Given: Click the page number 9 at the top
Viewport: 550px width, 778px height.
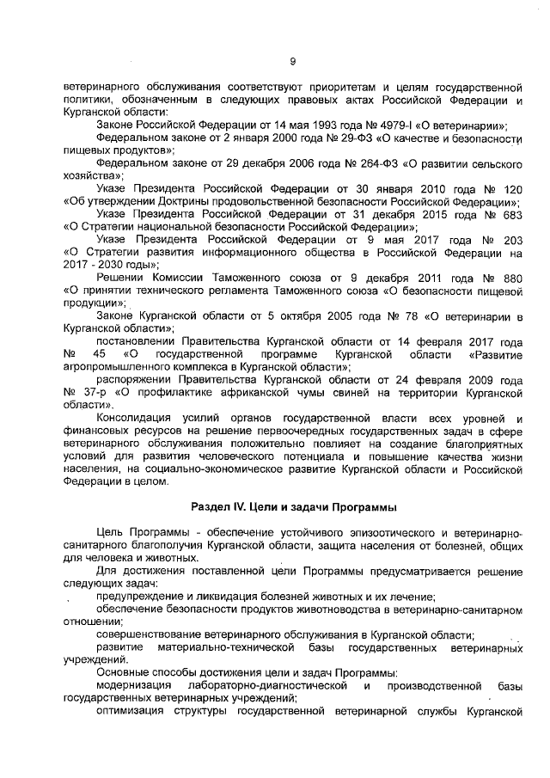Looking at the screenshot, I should point(292,60).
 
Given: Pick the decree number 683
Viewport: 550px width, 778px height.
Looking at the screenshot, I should point(511,213).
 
